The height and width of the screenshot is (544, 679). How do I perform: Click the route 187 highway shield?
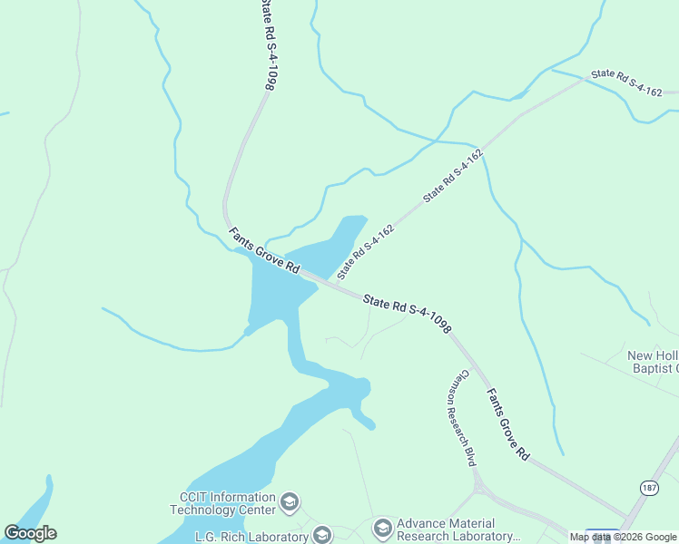[x=649, y=488]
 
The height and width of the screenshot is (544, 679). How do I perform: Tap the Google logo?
[x=30, y=533]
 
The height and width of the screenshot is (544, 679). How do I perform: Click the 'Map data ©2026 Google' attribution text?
[x=623, y=537]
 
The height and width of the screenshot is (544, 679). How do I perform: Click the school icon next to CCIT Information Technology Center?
[x=290, y=502]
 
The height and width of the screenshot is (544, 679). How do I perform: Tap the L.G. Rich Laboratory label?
[x=251, y=536]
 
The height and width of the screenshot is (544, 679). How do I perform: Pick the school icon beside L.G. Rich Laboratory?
[x=322, y=535]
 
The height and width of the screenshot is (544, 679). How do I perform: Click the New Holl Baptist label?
[x=653, y=361]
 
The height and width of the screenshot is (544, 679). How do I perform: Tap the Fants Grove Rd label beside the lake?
[x=264, y=251]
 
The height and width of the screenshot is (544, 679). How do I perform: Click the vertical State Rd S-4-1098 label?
[x=267, y=45]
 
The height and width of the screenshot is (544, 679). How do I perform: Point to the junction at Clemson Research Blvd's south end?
[x=479, y=491]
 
